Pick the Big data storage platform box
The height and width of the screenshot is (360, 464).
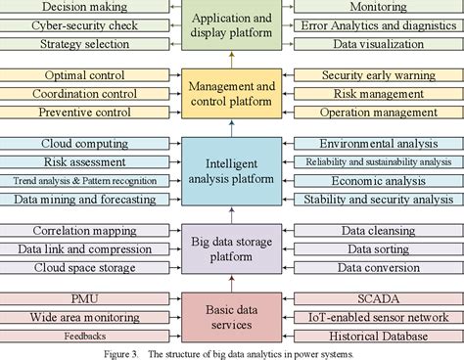tap(231, 249)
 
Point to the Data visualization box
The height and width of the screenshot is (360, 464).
tap(377, 44)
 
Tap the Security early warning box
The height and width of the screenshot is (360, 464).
tap(377, 75)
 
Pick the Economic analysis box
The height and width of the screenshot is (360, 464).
tap(377, 181)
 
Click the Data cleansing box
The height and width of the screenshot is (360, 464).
tap(377, 231)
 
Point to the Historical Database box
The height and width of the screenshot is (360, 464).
tap(377, 337)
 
